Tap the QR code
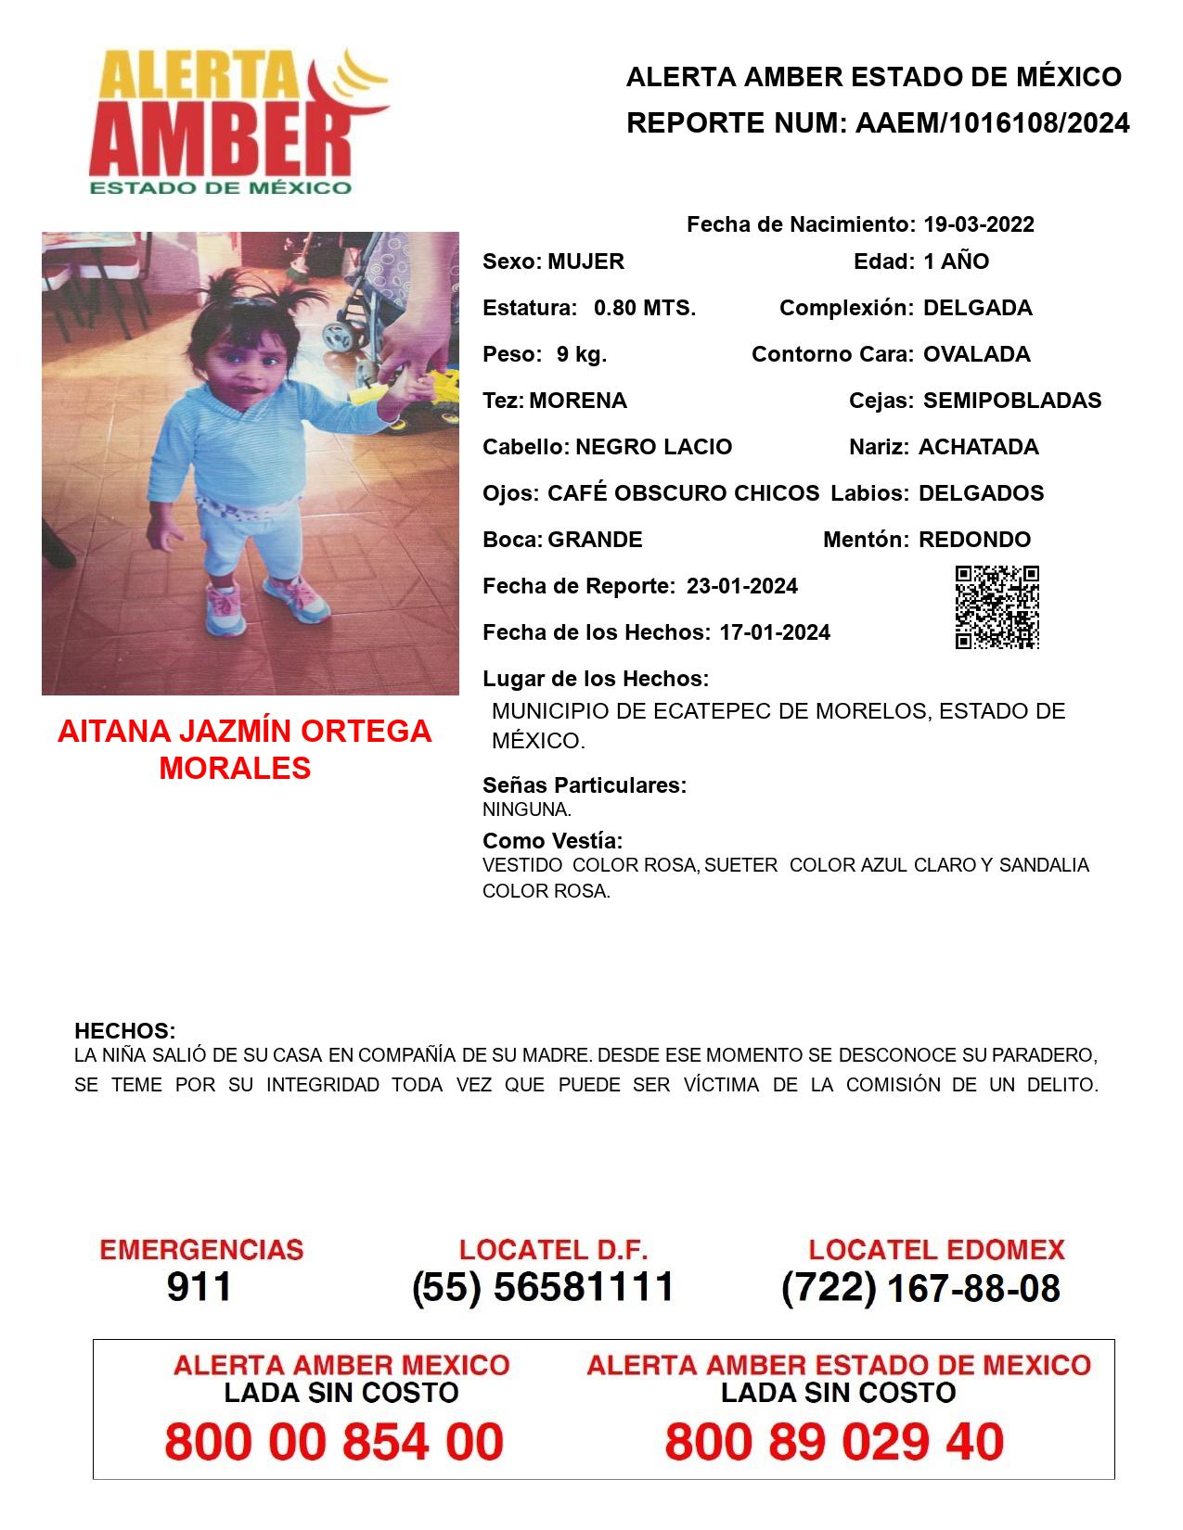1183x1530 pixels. click(997, 607)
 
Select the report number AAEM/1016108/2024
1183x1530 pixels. click(992, 122)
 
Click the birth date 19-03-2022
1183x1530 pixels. click(978, 224)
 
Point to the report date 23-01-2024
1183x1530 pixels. click(741, 586)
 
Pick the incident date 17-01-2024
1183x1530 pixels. click(775, 632)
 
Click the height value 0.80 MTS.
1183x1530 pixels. click(645, 308)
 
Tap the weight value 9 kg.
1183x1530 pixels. click(582, 354)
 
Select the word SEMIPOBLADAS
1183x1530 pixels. click(1012, 401)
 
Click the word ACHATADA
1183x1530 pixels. click(978, 447)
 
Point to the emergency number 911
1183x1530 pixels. click(199, 1287)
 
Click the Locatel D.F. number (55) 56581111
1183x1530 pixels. click(543, 1287)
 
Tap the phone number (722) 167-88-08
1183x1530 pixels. click(920, 1288)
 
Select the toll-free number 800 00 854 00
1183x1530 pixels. click(334, 1442)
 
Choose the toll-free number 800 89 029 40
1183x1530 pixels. click(834, 1442)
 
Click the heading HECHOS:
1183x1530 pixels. click(124, 1031)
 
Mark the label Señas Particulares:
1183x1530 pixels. click(585, 785)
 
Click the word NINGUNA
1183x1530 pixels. click(526, 810)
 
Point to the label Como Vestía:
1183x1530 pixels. click(552, 841)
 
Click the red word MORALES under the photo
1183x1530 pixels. click(235, 768)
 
